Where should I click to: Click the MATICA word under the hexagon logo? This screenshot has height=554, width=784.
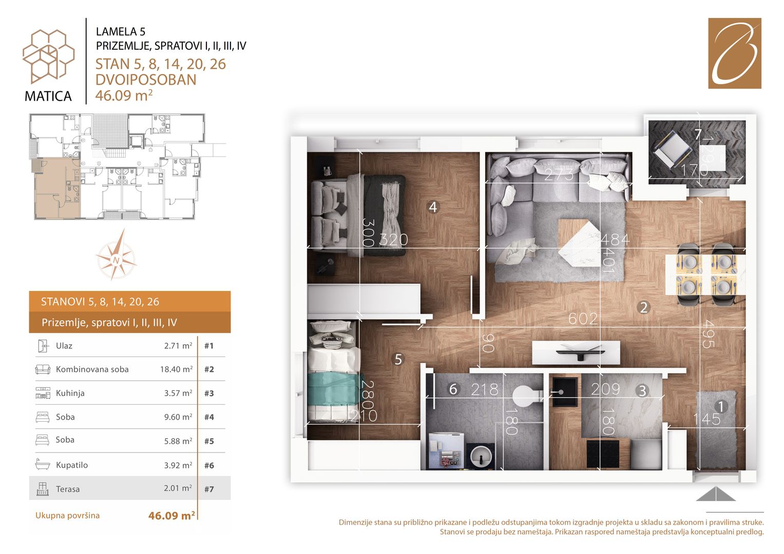pyautogui.click(x=48, y=96)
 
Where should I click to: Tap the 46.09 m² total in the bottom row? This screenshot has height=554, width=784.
pyautogui.click(x=171, y=516)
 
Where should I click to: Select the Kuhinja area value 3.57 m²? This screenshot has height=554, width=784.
pyautogui.click(x=178, y=393)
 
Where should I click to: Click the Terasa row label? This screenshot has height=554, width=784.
pyautogui.click(x=68, y=489)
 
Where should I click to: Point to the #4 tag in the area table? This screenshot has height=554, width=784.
pyautogui.click(x=209, y=417)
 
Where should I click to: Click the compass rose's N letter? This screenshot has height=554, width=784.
pyautogui.click(x=116, y=260)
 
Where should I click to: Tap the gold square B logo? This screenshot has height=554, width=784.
pyautogui.click(x=735, y=53)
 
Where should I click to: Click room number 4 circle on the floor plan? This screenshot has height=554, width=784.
pyautogui.click(x=433, y=207)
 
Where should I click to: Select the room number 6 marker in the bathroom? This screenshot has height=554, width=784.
pyautogui.click(x=453, y=389)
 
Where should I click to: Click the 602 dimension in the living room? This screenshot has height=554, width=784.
pyautogui.click(x=583, y=318)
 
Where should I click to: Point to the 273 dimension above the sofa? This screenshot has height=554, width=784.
pyautogui.click(x=559, y=174)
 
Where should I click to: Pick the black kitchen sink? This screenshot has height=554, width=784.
pyautogui.click(x=565, y=392)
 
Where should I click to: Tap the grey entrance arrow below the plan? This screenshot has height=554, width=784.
pyautogui.click(x=716, y=493)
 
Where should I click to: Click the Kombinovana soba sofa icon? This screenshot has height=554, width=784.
pyautogui.click(x=43, y=369)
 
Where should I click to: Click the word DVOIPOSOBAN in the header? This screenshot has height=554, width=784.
pyautogui.click(x=146, y=80)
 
